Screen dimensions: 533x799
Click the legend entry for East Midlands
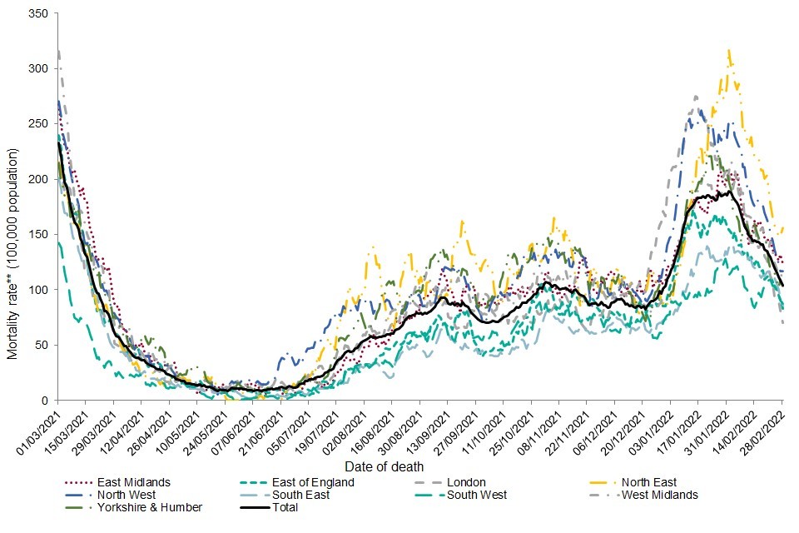[132, 482]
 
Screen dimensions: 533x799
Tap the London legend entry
[466, 482]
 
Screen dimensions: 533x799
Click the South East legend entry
[300, 495]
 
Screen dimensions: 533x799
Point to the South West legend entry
[476, 495]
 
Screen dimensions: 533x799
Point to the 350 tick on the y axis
[39, 13]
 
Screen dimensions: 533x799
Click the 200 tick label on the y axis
[39, 179]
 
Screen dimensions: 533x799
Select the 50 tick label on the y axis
[42, 345]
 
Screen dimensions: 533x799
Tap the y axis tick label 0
[45, 401]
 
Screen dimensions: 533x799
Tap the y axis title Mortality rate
[12, 253]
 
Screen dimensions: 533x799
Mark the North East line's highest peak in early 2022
[729, 52]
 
